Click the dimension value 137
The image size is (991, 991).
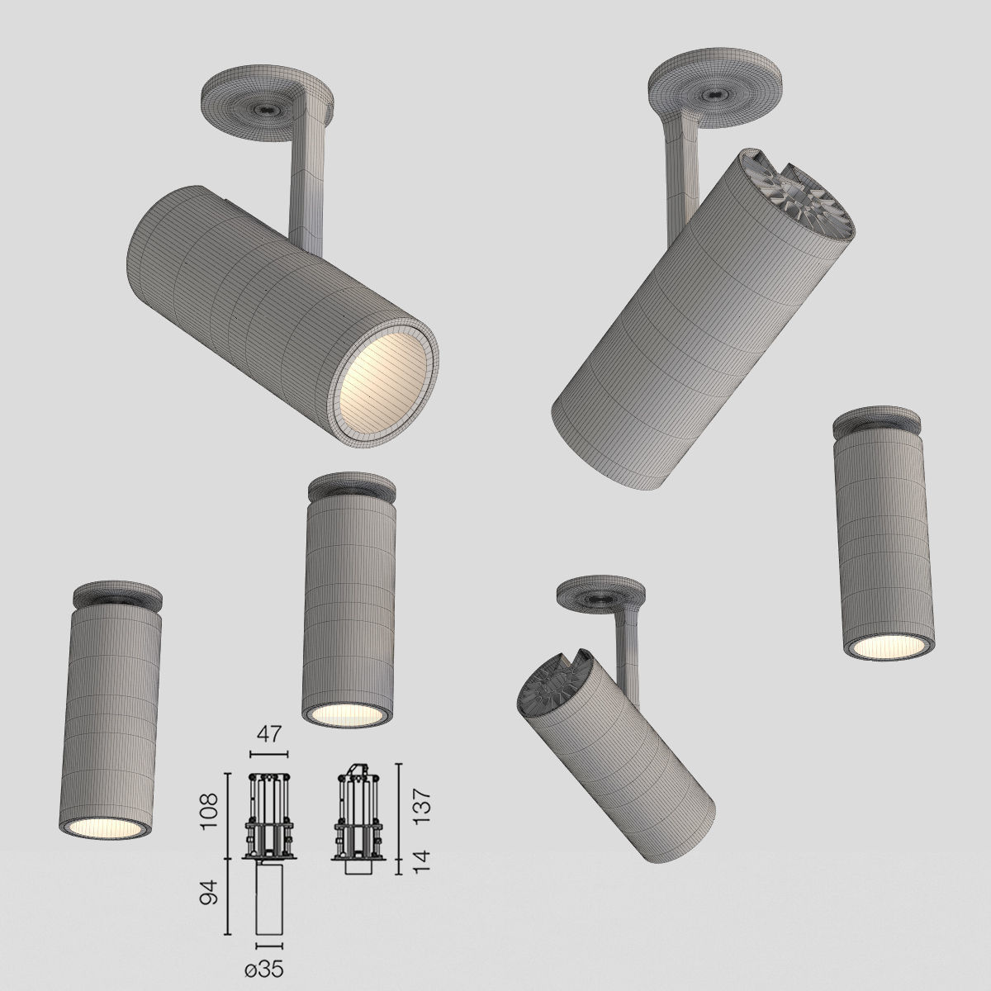tap(422, 811)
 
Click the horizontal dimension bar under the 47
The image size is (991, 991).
tap(269, 754)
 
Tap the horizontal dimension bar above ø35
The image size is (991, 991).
tap(270, 945)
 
